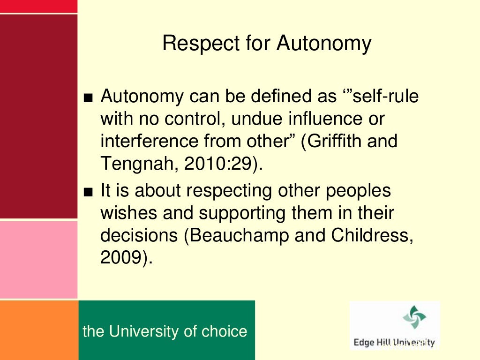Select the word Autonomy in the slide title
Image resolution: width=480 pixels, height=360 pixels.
pyautogui.click(x=324, y=44)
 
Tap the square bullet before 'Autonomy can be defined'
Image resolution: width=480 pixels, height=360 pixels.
pyautogui.click(x=90, y=98)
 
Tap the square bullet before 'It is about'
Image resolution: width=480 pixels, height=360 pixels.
pyautogui.click(x=90, y=192)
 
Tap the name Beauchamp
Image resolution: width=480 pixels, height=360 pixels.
pyautogui.click(x=238, y=236)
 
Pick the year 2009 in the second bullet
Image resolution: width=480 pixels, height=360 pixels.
pyautogui.click(x=121, y=258)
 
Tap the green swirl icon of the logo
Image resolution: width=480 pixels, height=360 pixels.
pyautogui.click(x=414, y=317)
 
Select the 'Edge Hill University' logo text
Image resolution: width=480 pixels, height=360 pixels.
pyautogui.click(x=394, y=343)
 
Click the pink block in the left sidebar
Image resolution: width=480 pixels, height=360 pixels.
pyautogui.click(x=38, y=259)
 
